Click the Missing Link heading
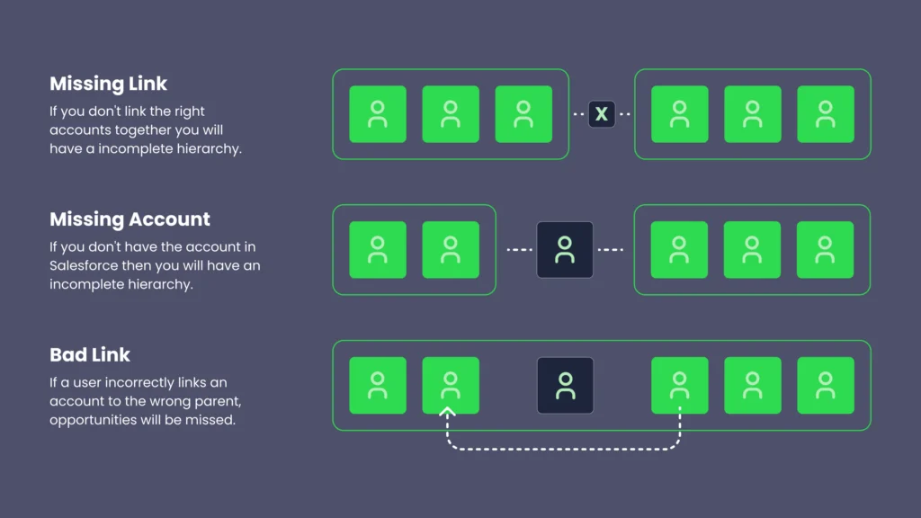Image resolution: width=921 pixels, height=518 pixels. tap(108, 84)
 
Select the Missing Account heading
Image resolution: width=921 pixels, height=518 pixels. tap(130, 219)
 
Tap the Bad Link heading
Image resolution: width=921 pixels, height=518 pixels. tap(90, 354)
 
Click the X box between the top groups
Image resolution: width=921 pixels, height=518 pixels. tap(602, 114)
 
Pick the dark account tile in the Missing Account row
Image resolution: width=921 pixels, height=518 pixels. tap(565, 250)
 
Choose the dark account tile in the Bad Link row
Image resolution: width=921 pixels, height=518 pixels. tap(565, 386)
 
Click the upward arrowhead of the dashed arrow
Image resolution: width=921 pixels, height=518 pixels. tap(448, 412)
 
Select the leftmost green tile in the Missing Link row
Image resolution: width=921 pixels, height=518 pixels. tap(378, 114)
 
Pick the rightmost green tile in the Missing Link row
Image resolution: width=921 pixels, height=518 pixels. tap(825, 114)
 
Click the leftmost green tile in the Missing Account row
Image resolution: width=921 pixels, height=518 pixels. tap(378, 250)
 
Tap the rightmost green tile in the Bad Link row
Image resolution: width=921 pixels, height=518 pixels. tap(825, 386)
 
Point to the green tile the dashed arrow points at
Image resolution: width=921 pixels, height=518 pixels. tap(451, 386)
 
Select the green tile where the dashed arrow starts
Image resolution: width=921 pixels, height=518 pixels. tap(679, 386)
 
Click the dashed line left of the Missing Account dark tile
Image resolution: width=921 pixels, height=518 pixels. tap(519, 250)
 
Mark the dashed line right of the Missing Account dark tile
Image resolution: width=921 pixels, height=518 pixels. tap(611, 250)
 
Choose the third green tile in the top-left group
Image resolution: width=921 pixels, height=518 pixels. tap(523, 114)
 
